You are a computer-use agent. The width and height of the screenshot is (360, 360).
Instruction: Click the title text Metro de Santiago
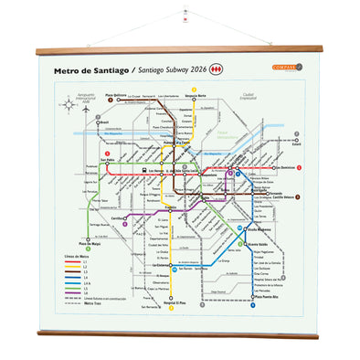click(91, 69)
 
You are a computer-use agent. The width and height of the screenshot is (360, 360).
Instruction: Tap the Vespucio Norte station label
click(196, 95)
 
